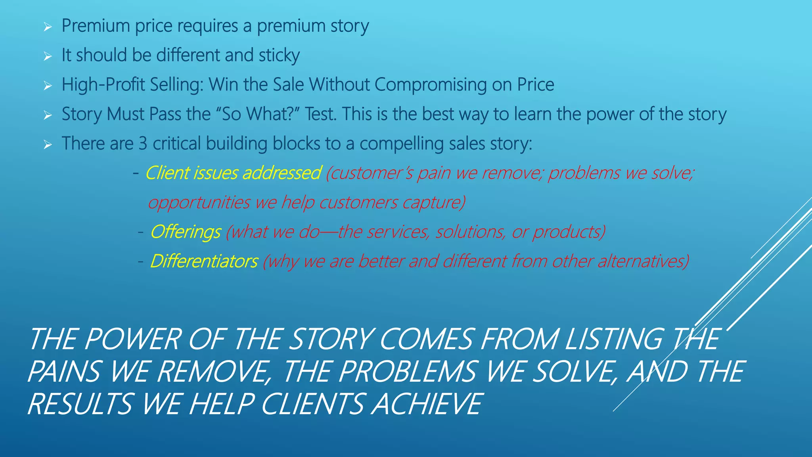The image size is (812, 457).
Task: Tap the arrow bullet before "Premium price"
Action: click(x=48, y=27)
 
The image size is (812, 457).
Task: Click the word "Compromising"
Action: click(x=431, y=84)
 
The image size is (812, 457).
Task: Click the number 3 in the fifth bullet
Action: click(x=143, y=143)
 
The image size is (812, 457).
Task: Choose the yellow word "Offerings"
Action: click(x=186, y=232)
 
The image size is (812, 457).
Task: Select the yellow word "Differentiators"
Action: click(x=204, y=261)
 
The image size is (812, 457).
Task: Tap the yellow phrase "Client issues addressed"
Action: click(x=233, y=173)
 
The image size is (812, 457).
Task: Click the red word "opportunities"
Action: click(x=199, y=202)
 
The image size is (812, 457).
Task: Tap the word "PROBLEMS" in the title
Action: click(x=407, y=372)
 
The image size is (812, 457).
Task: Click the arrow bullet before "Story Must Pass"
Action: click(x=48, y=115)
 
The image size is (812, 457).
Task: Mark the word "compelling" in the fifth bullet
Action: click(x=402, y=143)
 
